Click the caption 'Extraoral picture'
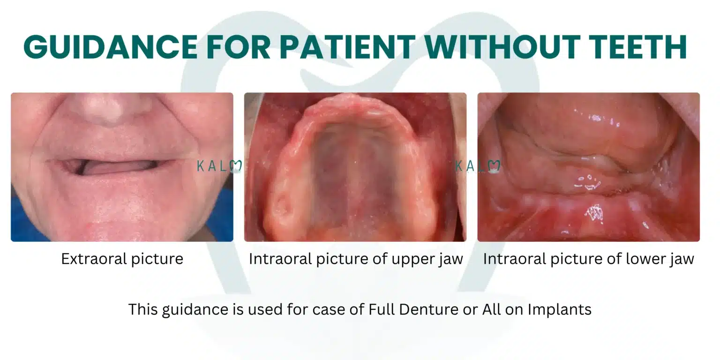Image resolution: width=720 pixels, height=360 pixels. click(122, 259)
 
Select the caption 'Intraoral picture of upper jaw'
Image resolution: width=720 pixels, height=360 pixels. click(356, 259)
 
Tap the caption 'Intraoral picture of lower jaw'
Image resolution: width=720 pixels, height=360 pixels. click(588, 259)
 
